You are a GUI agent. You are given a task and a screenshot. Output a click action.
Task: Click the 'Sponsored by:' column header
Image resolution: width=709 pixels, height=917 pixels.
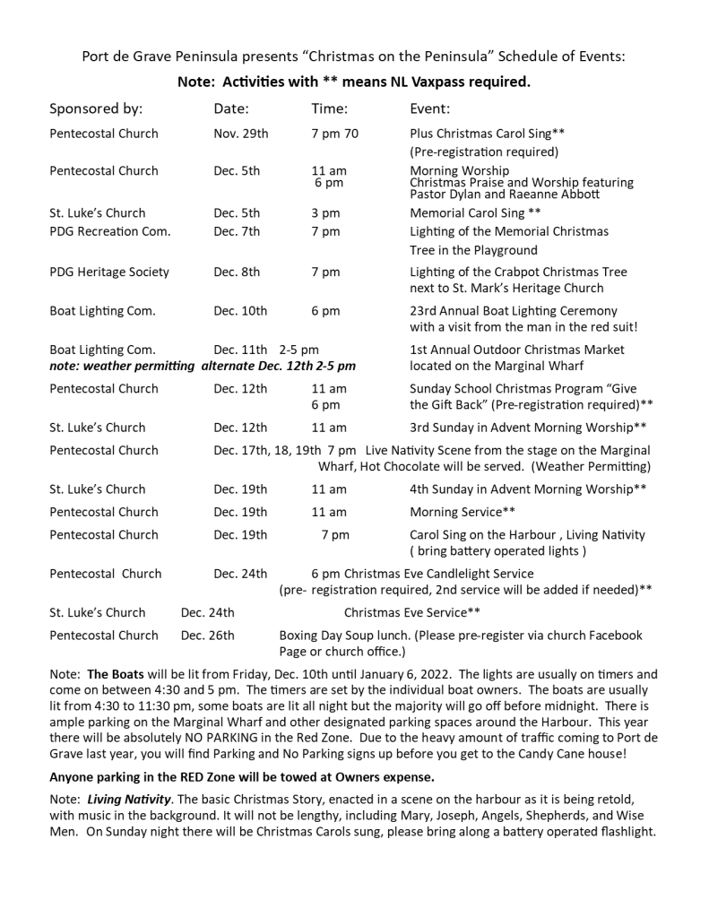click(x=96, y=109)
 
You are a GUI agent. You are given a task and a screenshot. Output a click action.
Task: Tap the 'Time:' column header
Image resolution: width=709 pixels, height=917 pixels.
click(x=329, y=109)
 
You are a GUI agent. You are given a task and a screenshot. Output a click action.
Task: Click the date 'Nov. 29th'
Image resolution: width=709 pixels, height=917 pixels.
click(x=240, y=134)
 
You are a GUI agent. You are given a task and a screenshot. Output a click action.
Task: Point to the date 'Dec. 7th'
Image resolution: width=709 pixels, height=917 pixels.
click(x=237, y=231)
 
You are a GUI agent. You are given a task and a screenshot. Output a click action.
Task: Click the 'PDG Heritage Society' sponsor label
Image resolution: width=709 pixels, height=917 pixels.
click(x=108, y=272)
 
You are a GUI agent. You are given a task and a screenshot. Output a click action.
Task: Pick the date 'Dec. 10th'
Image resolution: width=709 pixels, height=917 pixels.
click(x=240, y=311)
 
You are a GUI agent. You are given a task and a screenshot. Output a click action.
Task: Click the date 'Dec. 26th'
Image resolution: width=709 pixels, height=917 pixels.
click(x=207, y=636)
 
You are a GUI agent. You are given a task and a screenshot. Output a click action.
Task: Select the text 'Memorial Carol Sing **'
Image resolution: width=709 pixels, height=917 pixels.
click(x=475, y=213)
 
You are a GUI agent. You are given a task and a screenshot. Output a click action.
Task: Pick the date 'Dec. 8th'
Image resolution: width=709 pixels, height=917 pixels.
click(x=237, y=272)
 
